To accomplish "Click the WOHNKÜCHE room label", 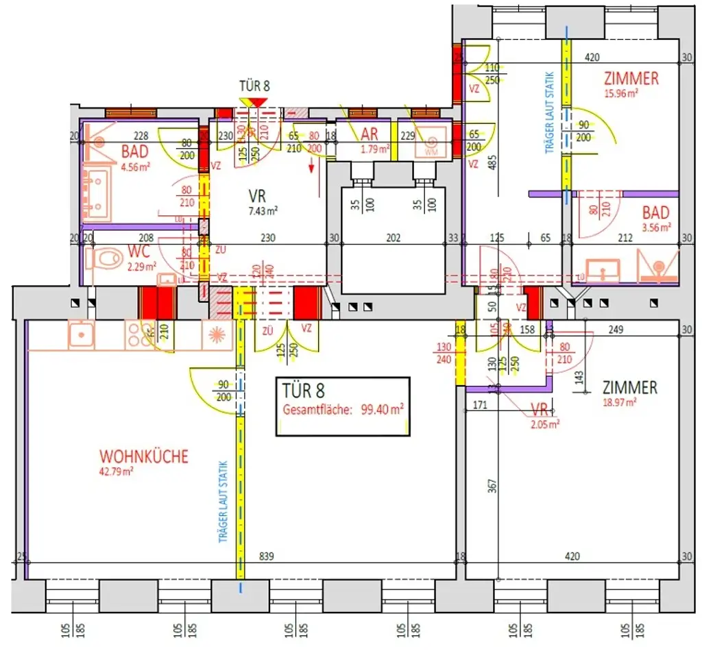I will click(x=143, y=456).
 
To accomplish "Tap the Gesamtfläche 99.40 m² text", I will click(x=343, y=410).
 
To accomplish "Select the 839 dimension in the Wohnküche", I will click(x=266, y=556).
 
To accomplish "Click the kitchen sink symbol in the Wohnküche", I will click(x=81, y=334).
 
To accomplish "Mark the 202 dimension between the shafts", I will click(x=394, y=238).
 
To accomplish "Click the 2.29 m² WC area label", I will click(x=143, y=267).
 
